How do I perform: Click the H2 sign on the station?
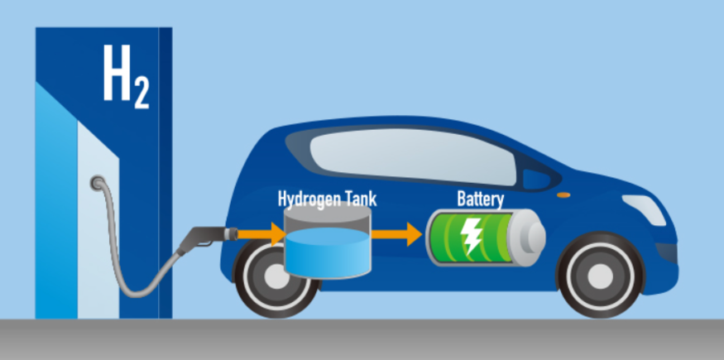pyautogui.click(x=126, y=76)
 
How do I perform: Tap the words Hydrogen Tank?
pyautogui.click(x=328, y=199)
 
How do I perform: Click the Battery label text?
pyautogui.click(x=480, y=199)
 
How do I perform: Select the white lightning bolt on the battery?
pyautogui.click(x=471, y=236)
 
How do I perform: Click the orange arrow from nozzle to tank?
pyautogui.click(x=261, y=234)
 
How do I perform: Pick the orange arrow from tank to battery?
pyautogui.click(x=397, y=234)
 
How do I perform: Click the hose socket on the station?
pyautogui.click(x=98, y=183)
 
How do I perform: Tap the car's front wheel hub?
pyautogui.click(x=600, y=276)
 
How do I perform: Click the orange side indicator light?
pyautogui.click(x=563, y=195)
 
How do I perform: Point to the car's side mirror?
pyautogui.click(x=535, y=179)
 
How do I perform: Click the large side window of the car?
pyautogui.click(x=412, y=156)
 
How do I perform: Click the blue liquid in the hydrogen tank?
pyautogui.click(x=328, y=253)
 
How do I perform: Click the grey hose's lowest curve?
pyautogui.click(x=137, y=294)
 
